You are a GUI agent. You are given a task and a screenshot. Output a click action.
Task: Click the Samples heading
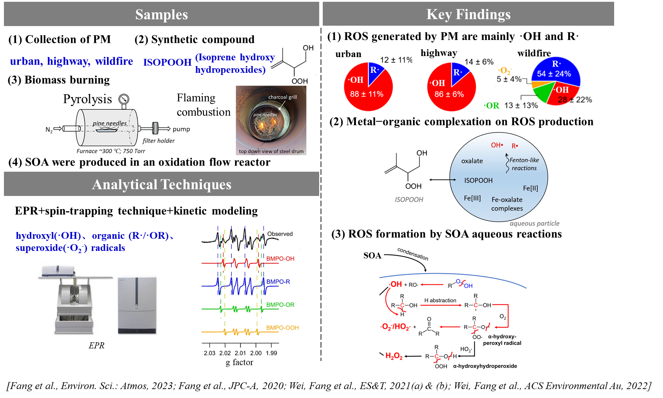(162, 15)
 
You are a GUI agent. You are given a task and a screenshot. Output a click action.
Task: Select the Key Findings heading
(468, 14)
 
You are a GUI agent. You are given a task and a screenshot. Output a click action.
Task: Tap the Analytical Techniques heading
(162, 185)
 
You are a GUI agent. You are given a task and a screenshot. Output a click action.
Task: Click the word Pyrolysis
(86, 99)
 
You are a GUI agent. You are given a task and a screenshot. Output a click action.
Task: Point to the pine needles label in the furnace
(109, 124)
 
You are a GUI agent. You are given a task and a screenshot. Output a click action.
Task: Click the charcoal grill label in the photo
(282, 97)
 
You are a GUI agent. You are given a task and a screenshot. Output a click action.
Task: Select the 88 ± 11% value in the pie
(367, 94)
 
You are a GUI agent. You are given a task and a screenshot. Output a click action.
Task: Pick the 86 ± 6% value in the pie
(449, 95)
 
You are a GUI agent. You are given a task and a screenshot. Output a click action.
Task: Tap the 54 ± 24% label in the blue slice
(554, 74)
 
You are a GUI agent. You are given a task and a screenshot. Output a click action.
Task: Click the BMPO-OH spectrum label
(280, 259)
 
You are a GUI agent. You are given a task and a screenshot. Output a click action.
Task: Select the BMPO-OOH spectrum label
(282, 328)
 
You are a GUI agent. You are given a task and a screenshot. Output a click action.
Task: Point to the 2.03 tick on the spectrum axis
(210, 353)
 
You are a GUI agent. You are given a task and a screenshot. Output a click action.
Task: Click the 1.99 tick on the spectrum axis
(271, 353)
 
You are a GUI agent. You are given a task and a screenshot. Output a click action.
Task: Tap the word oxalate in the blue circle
(472, 161)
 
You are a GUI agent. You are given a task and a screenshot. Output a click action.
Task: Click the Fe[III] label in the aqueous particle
(472, 198)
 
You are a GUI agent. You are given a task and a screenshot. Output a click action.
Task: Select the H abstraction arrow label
(440, 301)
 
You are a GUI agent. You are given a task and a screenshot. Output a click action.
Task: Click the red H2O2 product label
(394, 356)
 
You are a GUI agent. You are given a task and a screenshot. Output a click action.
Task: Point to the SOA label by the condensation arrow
(372, 256)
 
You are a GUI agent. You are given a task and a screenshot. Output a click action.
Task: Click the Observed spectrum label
(280, 234)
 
